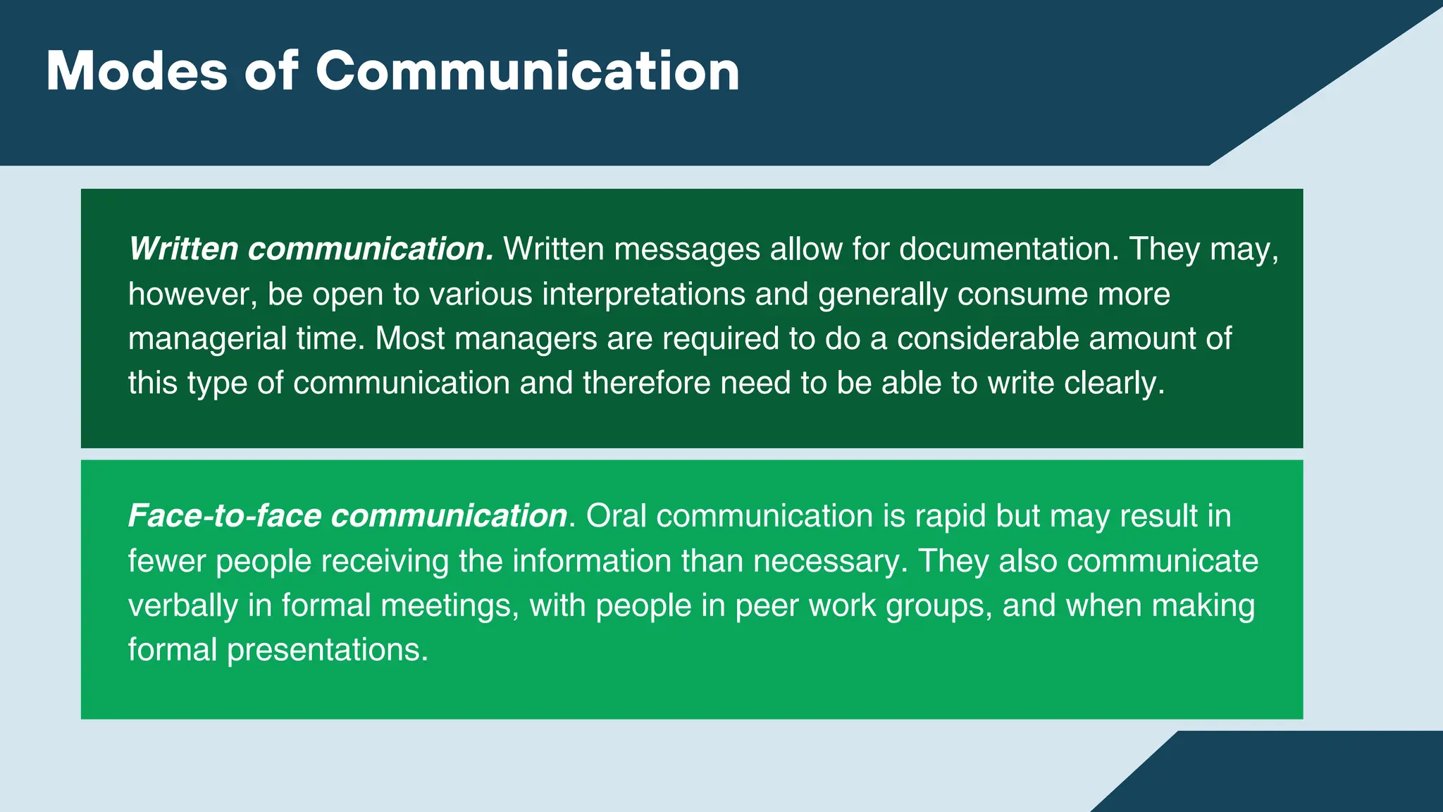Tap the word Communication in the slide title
tap(527, 71)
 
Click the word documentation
tap(1008, 249)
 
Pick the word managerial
tap(207, 339)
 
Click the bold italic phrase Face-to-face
tap(225, 516)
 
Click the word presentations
tap(327, 650)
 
